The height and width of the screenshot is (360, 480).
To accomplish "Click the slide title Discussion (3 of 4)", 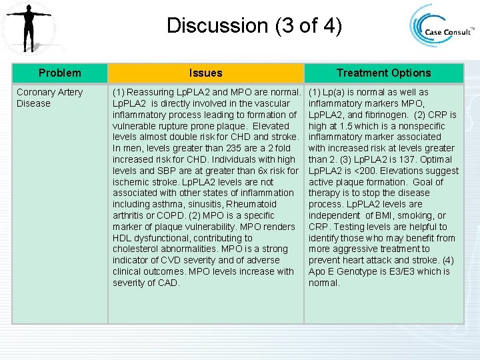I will pos(254,26).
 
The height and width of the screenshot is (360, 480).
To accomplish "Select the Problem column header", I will pos(59,73).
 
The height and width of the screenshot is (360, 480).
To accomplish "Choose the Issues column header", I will pos(205,73).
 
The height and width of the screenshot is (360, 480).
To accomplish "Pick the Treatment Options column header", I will pos(383,73).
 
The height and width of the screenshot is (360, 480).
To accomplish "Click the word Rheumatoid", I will pos(251,204).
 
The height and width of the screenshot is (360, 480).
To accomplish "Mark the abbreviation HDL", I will pos(123,238).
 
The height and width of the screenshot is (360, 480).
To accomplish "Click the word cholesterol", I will pos(136,249).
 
